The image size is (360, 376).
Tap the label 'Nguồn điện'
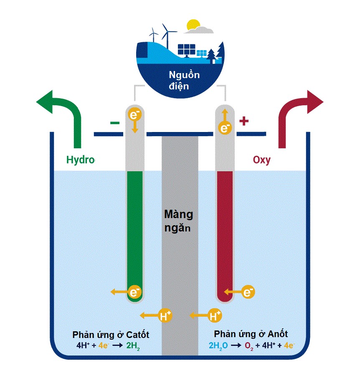tap(184, 81)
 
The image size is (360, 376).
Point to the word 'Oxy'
tap(262, 160)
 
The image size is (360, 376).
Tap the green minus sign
tap(114, 123)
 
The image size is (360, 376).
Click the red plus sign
tap(244, 122)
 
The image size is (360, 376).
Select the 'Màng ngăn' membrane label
tap(178, 221)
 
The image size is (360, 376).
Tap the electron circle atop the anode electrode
tap(225, 127)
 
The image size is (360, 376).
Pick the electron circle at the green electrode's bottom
tap(134, 291)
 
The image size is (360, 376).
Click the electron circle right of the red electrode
tap(248, 291)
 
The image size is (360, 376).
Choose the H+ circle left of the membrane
tap(166, 316)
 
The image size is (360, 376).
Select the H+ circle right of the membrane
tap(215, 316)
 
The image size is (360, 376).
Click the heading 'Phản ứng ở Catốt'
tap(111, 335)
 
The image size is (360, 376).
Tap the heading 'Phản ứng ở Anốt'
tap(251, 334)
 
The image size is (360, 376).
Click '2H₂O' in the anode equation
tap(218, 346)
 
